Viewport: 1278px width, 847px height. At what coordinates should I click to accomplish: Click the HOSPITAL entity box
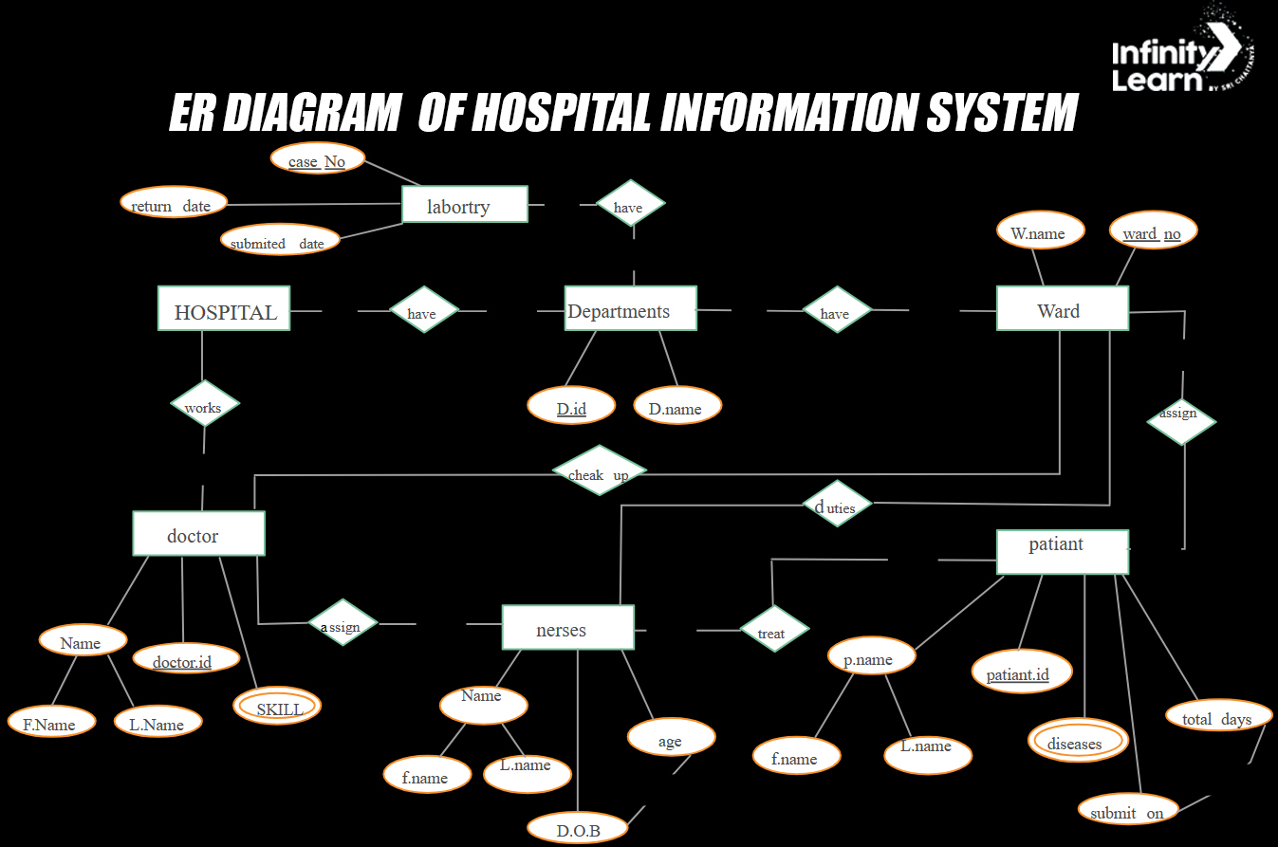[x=224, y=308]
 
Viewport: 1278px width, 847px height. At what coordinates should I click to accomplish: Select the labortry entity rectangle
[x=464, y=204]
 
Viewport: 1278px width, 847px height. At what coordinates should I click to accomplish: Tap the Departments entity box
[x=630, y=308]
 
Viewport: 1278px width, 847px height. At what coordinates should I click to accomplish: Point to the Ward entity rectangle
[x=1062, y=308]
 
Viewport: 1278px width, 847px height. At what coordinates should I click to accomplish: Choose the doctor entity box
[x=198, y=533]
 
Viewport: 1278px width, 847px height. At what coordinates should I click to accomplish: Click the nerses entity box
[x=567, y=627]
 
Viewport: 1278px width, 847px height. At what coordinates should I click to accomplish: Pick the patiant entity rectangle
[x=1062, y=551]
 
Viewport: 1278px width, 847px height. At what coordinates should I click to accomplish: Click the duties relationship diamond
[x=836, y=505]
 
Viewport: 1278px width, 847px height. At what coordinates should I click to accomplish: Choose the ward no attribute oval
[x=1153, y=231]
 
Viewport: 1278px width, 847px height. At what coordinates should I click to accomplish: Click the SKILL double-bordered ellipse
[x=278, y=707]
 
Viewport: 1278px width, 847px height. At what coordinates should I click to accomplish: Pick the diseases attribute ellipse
[x=1077, y=741]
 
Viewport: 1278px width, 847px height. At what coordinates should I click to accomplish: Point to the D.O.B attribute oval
[x=578, y=829]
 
